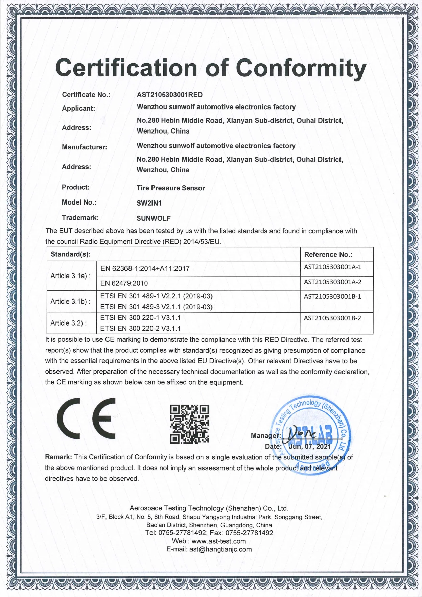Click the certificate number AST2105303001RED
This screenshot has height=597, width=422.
click(x=169, y=95)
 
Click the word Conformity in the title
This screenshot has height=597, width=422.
click(x=301, y=68)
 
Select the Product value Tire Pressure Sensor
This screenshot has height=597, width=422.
click(x=170, y=188)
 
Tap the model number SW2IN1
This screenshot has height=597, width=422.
click(x=149, y=203)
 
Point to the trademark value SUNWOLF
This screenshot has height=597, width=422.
click(x=154, y=218)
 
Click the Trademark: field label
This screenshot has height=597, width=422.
click(x=80, y=218)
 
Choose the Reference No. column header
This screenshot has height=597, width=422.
click(x=328, y=254)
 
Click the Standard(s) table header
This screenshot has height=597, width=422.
click(x=71, y=254)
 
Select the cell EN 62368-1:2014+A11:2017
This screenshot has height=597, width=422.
click(x=145, y=269)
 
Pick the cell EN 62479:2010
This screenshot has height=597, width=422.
click(x=124, y=283)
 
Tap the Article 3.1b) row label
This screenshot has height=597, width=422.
click(x=70, y=301)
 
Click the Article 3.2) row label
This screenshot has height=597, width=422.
click(x=68, y=323)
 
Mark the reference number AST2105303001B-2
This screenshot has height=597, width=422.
click(x=332, y=318)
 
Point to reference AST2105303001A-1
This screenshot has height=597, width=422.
click(x=333, y=267)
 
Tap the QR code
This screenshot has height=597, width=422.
click(x=190, y=424)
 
